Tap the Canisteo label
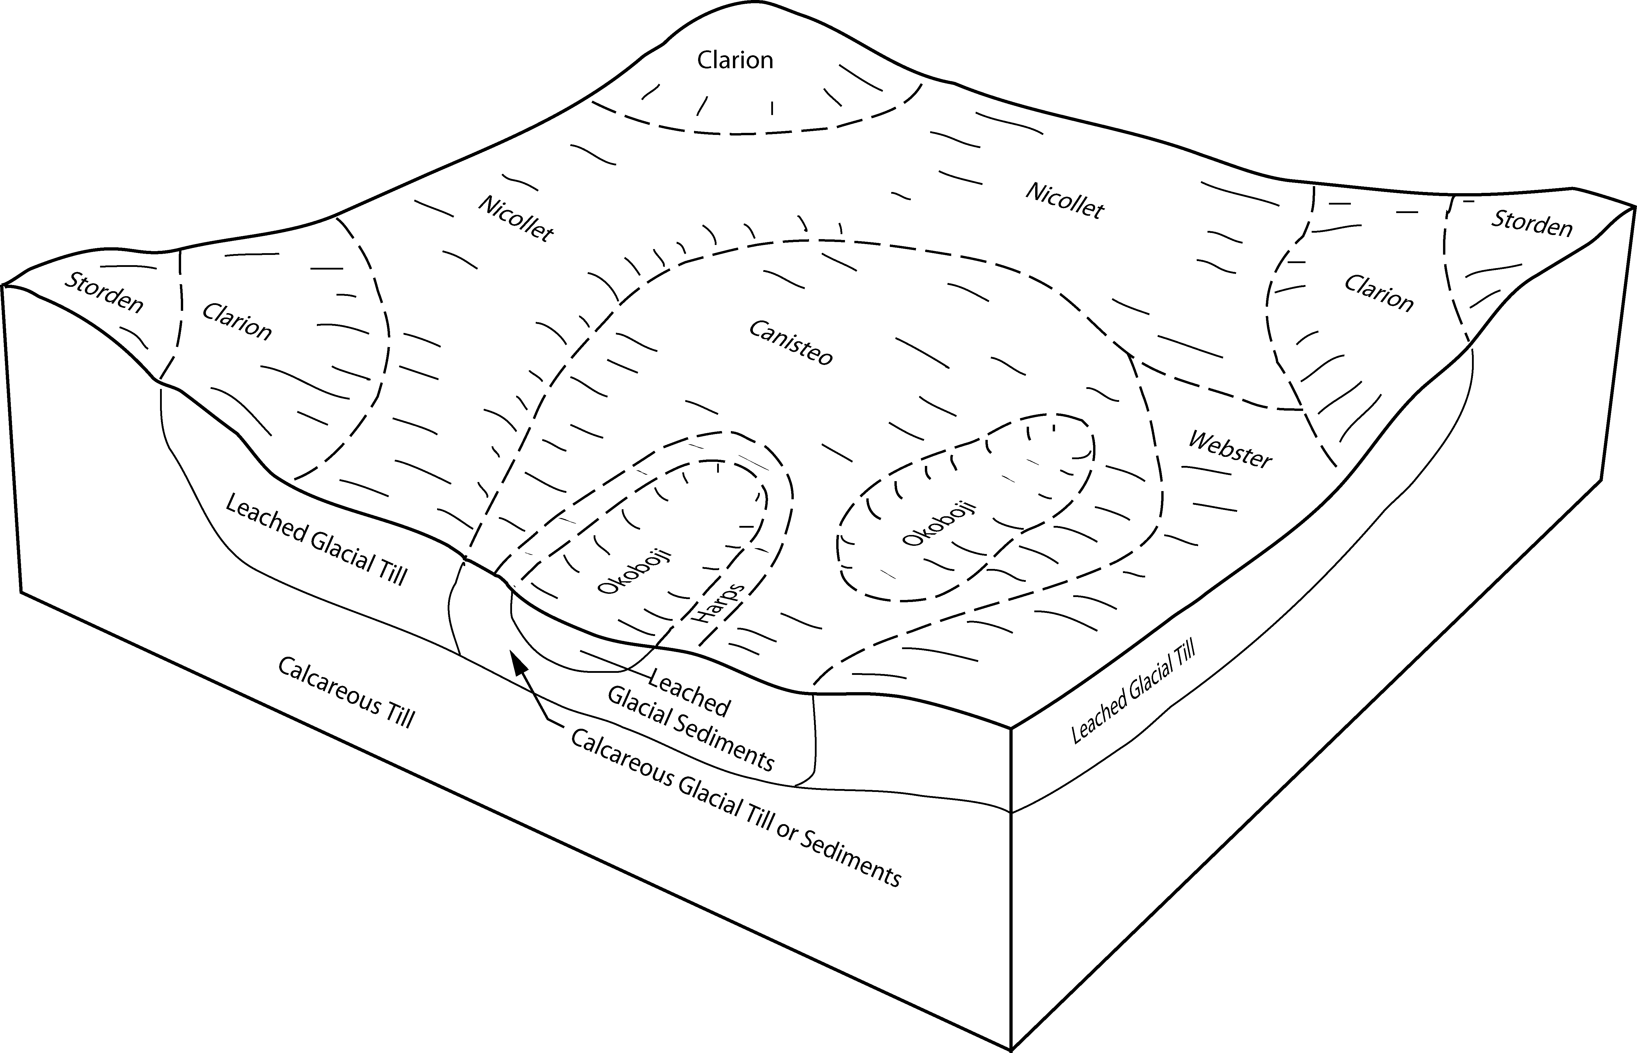click(791, 343)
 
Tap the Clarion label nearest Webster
click(1378, 293)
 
